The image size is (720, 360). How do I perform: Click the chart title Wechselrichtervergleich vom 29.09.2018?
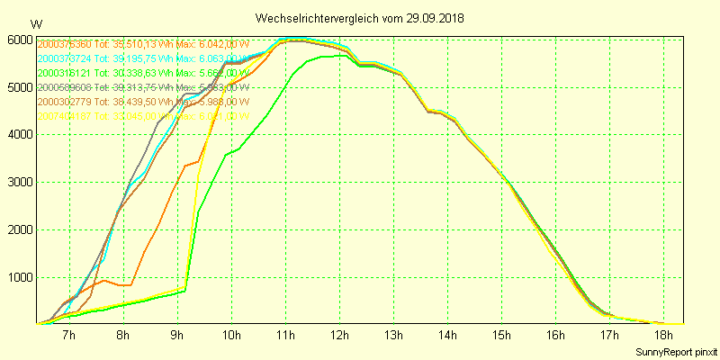pyautogui.click(x=360, y=17)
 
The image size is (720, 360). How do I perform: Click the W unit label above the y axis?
pyautogui.click(x=35, y=23)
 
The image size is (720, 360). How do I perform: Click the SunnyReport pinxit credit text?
pyautogui.click(x=676, y=350)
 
